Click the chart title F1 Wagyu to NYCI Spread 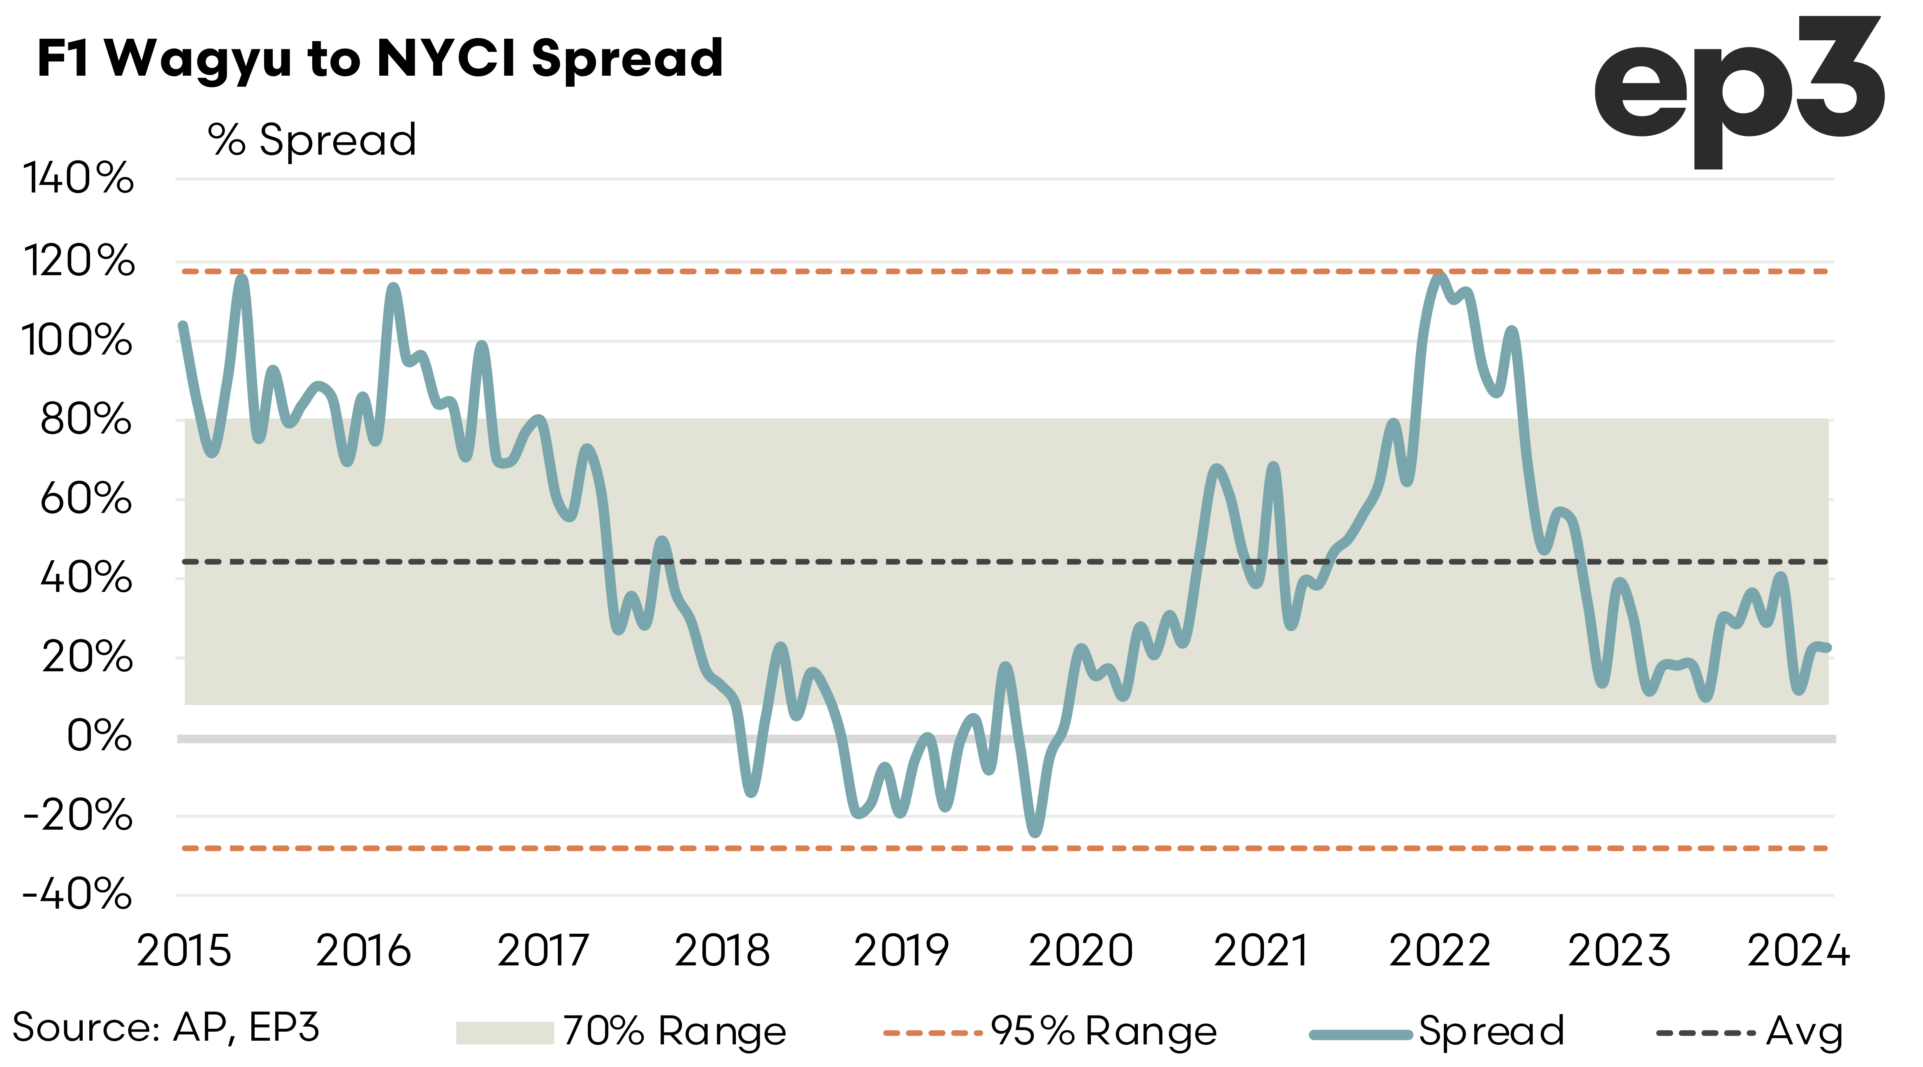click(x=379, y=58)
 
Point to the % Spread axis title click(x=312, y=139)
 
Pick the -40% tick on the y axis click(x=78, y=894)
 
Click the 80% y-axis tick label click(x=86, y=420)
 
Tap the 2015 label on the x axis click(x=183, y=951)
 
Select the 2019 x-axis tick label click(x=901, y=951)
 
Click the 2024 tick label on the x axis click(x=1798, y=951)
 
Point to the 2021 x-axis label click(x=1260, y=951)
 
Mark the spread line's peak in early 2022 click(x=1439, y=276)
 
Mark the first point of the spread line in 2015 click(x=182, y=325)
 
